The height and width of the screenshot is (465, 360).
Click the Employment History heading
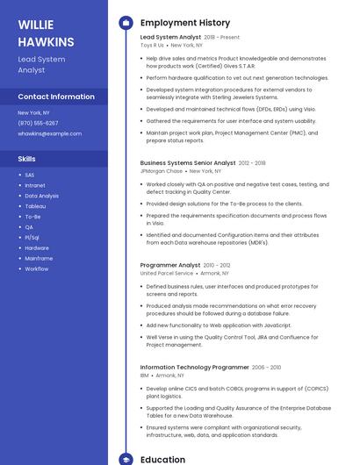click(185, 23)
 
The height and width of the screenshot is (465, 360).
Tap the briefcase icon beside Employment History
click(126, 23)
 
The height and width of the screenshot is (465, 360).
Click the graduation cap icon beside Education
click(126, 459)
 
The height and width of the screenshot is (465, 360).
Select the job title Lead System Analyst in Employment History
click(170, 38)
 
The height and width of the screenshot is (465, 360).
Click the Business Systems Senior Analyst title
click(188, 162)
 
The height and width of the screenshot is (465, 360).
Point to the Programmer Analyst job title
click(170, 265)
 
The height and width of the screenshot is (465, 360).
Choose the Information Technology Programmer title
click(193, 367)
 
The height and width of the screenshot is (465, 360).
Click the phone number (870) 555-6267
click(38, 123)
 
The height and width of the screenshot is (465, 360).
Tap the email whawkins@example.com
click(49, 133)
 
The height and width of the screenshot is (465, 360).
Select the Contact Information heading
click(56, 97)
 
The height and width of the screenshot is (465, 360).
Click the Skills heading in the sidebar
click(27, 159)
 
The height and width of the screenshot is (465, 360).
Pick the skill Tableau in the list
click(35, 206)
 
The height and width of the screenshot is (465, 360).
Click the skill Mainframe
click(39, 258)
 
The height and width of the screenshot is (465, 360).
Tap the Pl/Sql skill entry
click(32, 237)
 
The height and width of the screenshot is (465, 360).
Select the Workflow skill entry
click(36, 268)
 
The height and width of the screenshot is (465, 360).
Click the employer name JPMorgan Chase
click(162, 171)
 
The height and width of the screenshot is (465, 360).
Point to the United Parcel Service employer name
click(167, 274)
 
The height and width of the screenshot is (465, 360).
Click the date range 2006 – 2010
click(266, 367)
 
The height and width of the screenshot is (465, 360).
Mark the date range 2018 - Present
click(221, 38)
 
